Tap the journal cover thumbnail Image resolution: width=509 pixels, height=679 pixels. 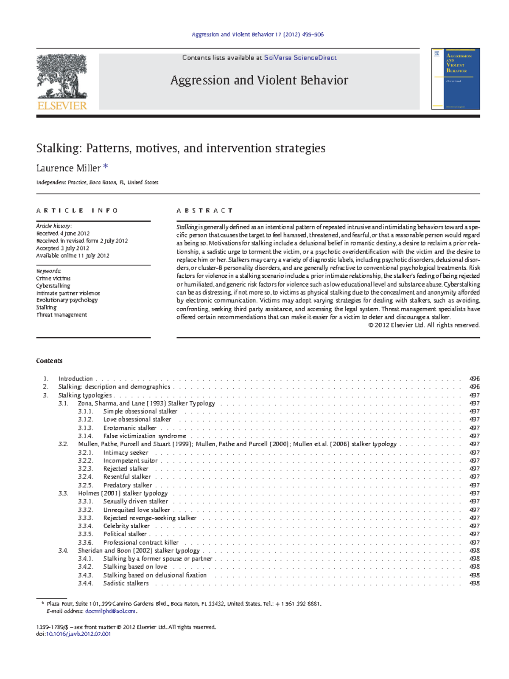pyautogui.click(x=456, y=79)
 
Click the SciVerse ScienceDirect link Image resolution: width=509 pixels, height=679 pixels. pyautogui.click(x=300, y=58)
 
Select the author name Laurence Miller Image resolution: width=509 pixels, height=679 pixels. pyautogui.click(x=68, y=168)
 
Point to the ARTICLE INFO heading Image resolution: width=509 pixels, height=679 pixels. pyautogui.click(x=77, y=211)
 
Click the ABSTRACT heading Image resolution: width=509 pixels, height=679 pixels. pyautogui.click(x=204, y=211)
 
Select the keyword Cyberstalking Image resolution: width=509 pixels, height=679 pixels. pyautogui.click(x=53, y=286)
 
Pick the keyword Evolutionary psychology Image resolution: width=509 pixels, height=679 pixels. pyautogui.click(x=67, y=300)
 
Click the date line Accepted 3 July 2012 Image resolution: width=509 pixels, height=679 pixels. pyautogui.click(x=63, y=248)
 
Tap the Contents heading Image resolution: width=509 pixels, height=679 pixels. pyautogui.click(x=49, y=361)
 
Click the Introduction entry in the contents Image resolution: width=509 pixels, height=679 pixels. pyautogui.click(x=76, y=378)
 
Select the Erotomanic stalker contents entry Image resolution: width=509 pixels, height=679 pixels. pyautogui.click(x=130, y=428)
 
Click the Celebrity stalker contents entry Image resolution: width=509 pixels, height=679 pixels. pyautogui.click(x=126, y=526)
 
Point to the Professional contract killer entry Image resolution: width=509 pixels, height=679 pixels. pyautogui.click(x=141, y=542)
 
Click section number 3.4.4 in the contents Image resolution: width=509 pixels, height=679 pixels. pyautogui.click(x=85, y=583)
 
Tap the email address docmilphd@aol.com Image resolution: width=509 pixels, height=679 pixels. pyautogui.click(x=110, y=611)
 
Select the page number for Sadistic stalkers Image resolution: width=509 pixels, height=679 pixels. pyautogui.click(x=474, y=583)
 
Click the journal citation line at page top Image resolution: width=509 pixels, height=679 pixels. pyautogui.click(x=257, y=34)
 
